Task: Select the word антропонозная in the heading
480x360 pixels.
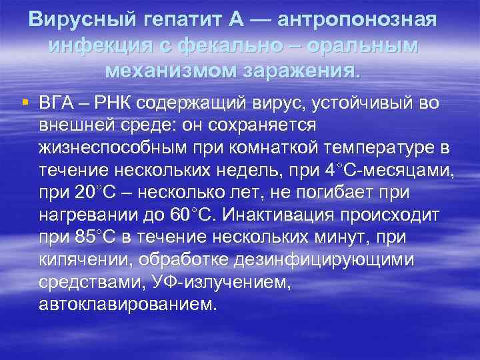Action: pyautogui.click(x=357, y=19)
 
